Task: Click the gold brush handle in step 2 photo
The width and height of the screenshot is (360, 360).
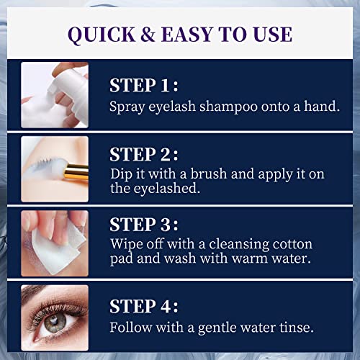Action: tap(78, 171)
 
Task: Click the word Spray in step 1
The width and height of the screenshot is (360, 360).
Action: tap(127, 107)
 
